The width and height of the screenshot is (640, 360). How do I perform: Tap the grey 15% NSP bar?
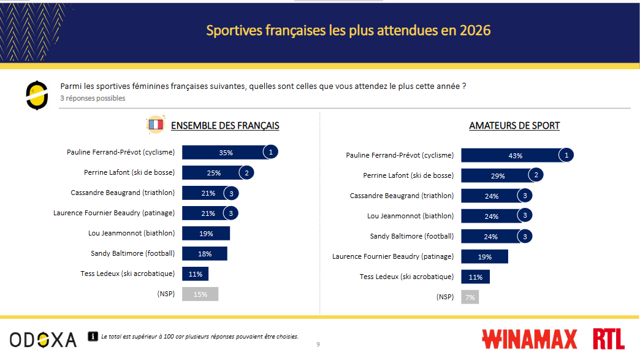(200, 294)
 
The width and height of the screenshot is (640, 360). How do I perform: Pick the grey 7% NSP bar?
(470, 297)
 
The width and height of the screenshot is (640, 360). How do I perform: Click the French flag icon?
(156, 125)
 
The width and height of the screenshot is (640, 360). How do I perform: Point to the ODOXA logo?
(43, 339)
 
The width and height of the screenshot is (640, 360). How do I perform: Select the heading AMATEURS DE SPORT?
(514, 126)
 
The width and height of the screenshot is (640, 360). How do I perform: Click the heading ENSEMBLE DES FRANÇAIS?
(225, 126)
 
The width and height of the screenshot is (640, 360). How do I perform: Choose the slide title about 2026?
(348, 30)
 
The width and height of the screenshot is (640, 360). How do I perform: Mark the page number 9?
(318, 344)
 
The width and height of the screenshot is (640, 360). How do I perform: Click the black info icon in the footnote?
(94, 336)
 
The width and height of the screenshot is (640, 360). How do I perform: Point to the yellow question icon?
(37, 95)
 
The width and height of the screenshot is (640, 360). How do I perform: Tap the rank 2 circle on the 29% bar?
(536, 175)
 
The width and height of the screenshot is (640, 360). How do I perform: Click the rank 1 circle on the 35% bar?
(271, 152)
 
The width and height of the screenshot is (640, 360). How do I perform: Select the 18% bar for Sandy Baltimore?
(205, 254)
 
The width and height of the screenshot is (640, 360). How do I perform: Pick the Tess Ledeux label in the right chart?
(406, 277)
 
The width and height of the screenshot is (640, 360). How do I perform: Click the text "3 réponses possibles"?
(93, 98)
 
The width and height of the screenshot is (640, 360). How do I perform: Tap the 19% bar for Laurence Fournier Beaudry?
(484, 257)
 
